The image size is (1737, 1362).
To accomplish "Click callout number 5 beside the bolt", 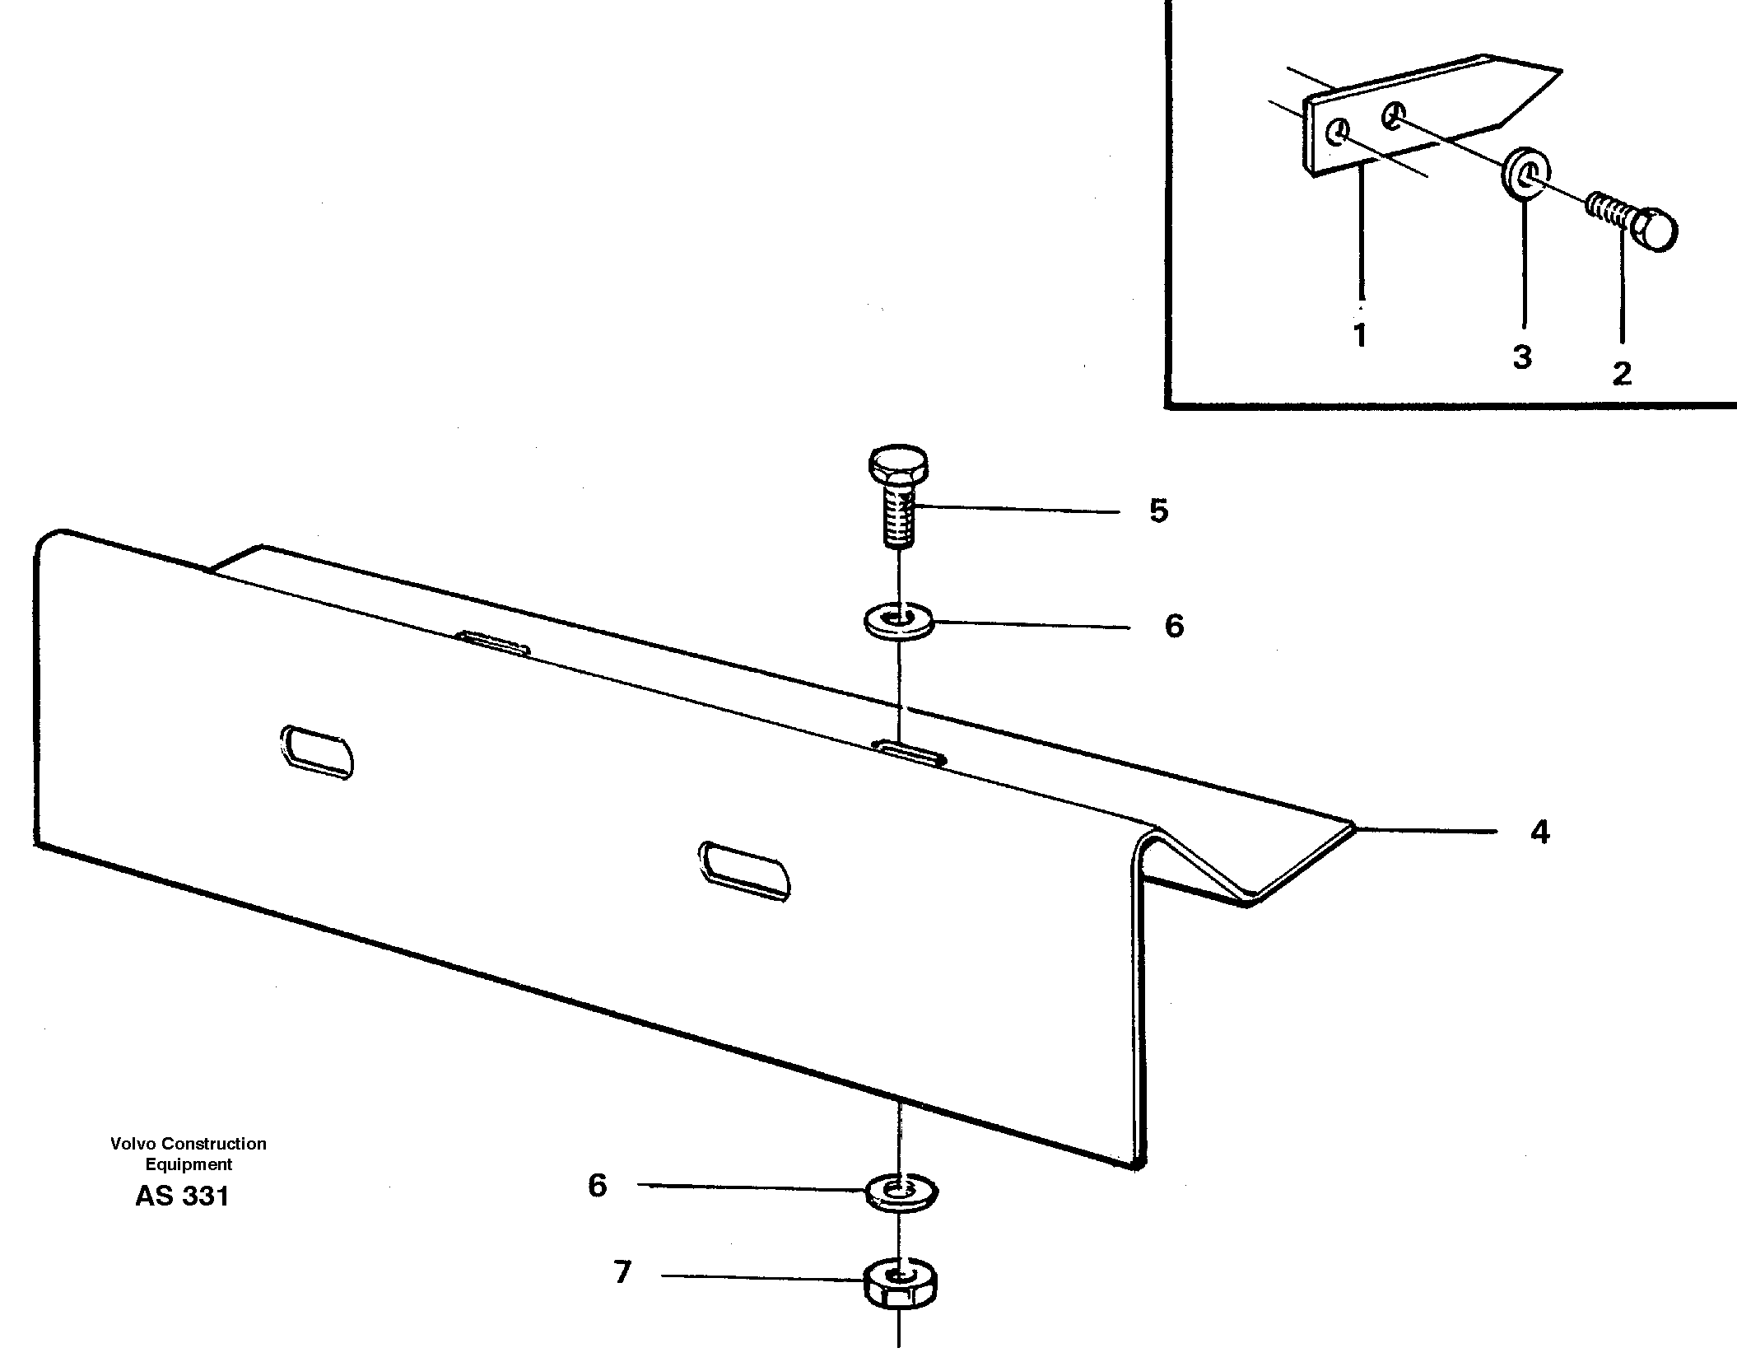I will (1158, 511).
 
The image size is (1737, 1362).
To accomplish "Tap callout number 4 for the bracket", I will (1539, 833).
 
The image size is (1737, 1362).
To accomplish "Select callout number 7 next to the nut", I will (622, 1273).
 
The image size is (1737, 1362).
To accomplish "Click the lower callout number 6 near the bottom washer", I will (597, 1186).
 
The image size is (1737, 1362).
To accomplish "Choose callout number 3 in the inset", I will (1521, 357).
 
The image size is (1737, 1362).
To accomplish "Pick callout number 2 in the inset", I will (1621, 374).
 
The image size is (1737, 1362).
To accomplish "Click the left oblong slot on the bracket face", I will (318, 750).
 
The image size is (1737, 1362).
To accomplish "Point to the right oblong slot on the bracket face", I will (744, 870).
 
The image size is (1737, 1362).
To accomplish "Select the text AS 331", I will (182, 1196).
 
